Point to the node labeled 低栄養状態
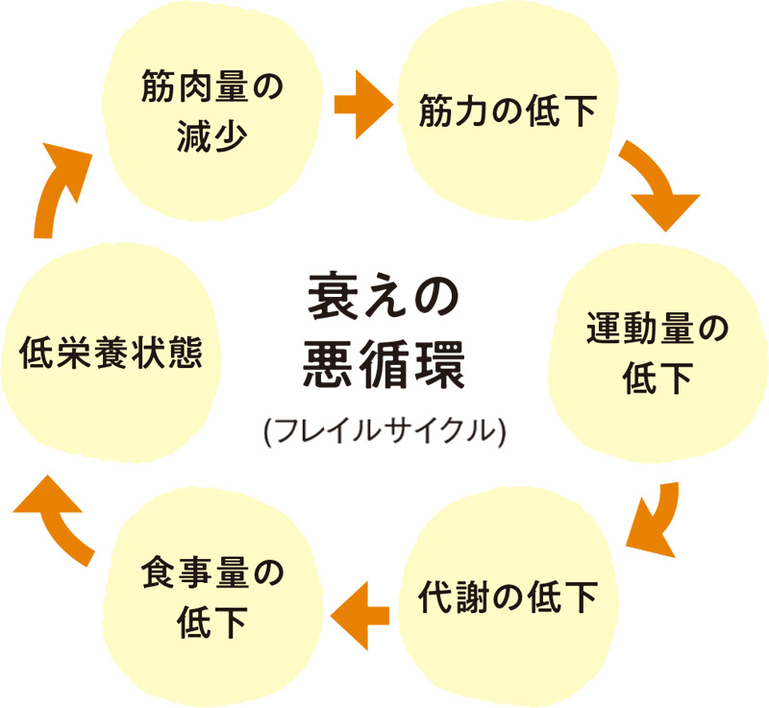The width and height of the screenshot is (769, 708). coord(111,352)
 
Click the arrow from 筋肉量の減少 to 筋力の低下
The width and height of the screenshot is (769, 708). coord(363,104)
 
